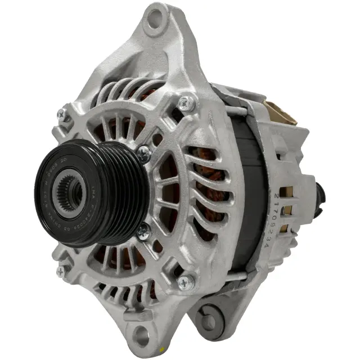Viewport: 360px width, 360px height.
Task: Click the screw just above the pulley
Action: click(143, 152)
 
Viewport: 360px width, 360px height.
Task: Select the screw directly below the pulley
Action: click(143, 230)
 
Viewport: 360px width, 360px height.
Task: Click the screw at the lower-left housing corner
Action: click(60, 271)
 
